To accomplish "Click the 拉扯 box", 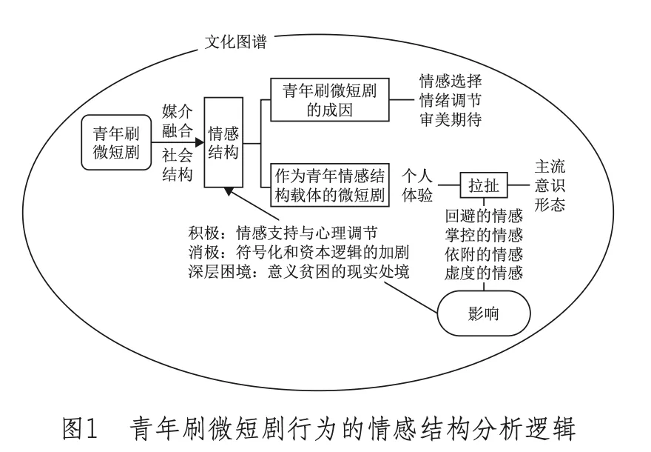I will [483, 186].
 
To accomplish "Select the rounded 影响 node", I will [483, 313].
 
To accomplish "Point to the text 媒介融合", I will [177, 121].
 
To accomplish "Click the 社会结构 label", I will [177, 164].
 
